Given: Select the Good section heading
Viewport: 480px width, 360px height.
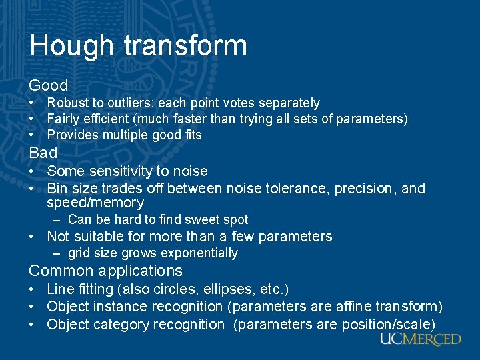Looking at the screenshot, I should coord(49,85).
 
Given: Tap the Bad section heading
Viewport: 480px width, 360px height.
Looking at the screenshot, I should coord(43,153).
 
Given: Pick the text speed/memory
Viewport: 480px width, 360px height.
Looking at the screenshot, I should coord(95,203).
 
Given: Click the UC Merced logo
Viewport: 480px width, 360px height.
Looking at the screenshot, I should coord(420,339).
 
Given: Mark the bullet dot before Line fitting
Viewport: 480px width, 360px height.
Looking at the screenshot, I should coord(32,290).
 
